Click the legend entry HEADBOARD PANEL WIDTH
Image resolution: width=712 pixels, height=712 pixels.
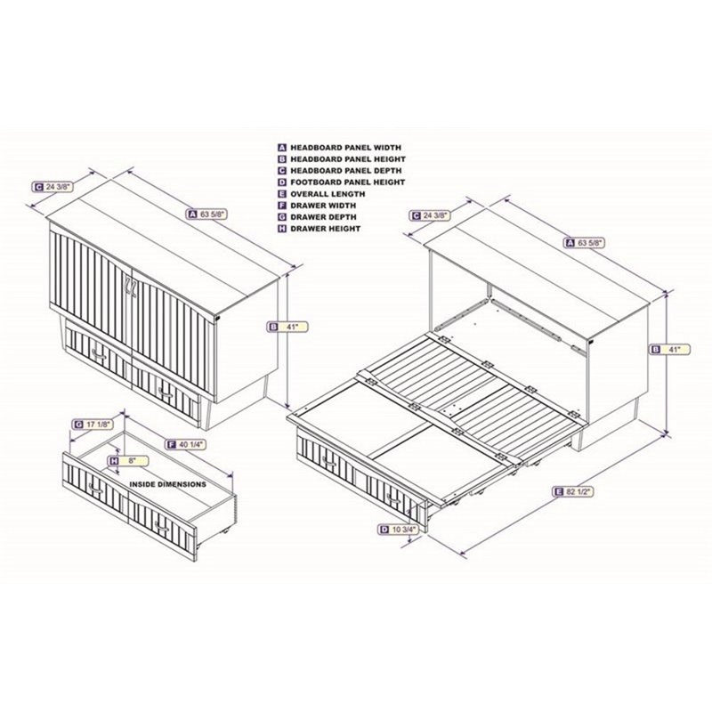340,148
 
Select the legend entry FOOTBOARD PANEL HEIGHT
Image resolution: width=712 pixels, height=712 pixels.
342,182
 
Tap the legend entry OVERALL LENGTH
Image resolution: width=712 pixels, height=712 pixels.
321,194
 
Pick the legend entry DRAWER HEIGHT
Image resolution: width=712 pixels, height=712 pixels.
320,229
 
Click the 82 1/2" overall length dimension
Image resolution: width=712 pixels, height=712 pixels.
573,491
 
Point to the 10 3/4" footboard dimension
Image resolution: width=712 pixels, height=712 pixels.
397,529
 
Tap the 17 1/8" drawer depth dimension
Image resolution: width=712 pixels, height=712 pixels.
93,425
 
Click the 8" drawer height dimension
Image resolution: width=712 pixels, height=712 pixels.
128,461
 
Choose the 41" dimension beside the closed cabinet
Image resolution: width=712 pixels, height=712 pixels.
287,327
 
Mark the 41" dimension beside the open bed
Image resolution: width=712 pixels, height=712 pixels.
670,349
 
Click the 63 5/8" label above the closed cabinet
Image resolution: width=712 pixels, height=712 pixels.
206,214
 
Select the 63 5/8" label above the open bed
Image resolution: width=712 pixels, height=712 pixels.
585,243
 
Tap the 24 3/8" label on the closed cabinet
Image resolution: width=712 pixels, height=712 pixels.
53,186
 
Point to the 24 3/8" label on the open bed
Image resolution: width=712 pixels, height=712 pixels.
430,215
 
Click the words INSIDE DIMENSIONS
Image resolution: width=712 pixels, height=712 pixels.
167,484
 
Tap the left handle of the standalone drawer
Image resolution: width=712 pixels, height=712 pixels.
96,489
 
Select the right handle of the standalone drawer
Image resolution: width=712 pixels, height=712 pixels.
162,526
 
